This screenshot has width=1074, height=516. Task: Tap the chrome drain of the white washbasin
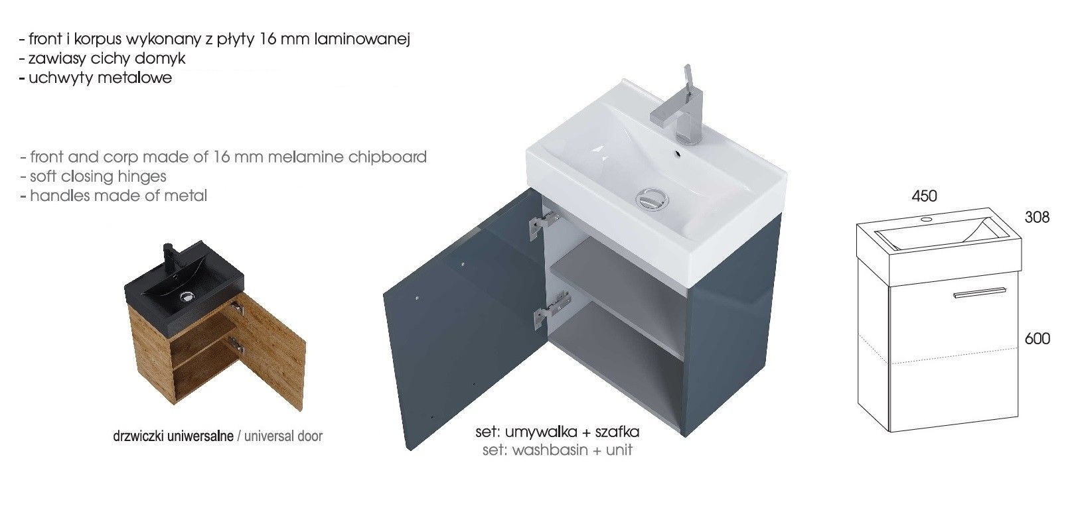(x=652, y=199)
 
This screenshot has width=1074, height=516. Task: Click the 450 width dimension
(x=924, y=196)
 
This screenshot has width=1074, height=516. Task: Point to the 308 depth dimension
(x=1037, y=218)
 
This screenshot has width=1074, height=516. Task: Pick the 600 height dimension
(x=1037, y=339)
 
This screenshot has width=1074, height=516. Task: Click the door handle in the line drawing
(x=980, y=292)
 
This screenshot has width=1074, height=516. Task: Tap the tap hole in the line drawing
(x=927, y=220)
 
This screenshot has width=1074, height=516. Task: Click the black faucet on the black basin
(x=169, y=255)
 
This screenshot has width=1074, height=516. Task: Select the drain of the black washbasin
(x=187, y=297)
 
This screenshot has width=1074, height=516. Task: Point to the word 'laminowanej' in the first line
(x=362, y=39)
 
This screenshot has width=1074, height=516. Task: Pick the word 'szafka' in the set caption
(x=617, y=432)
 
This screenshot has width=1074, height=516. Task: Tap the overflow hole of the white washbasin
(x=678, y=154)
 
